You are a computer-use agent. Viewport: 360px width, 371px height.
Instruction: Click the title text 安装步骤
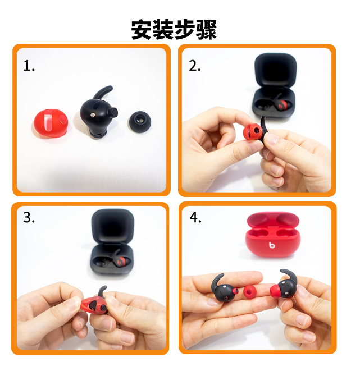click(174, 29)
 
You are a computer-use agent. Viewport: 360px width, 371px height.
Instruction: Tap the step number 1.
click(29, 66)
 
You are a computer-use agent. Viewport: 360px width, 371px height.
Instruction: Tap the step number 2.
click(195, 66)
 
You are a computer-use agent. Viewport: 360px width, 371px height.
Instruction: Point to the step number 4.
click(195, 218)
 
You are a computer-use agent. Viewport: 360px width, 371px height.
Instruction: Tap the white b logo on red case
click(272, 245)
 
